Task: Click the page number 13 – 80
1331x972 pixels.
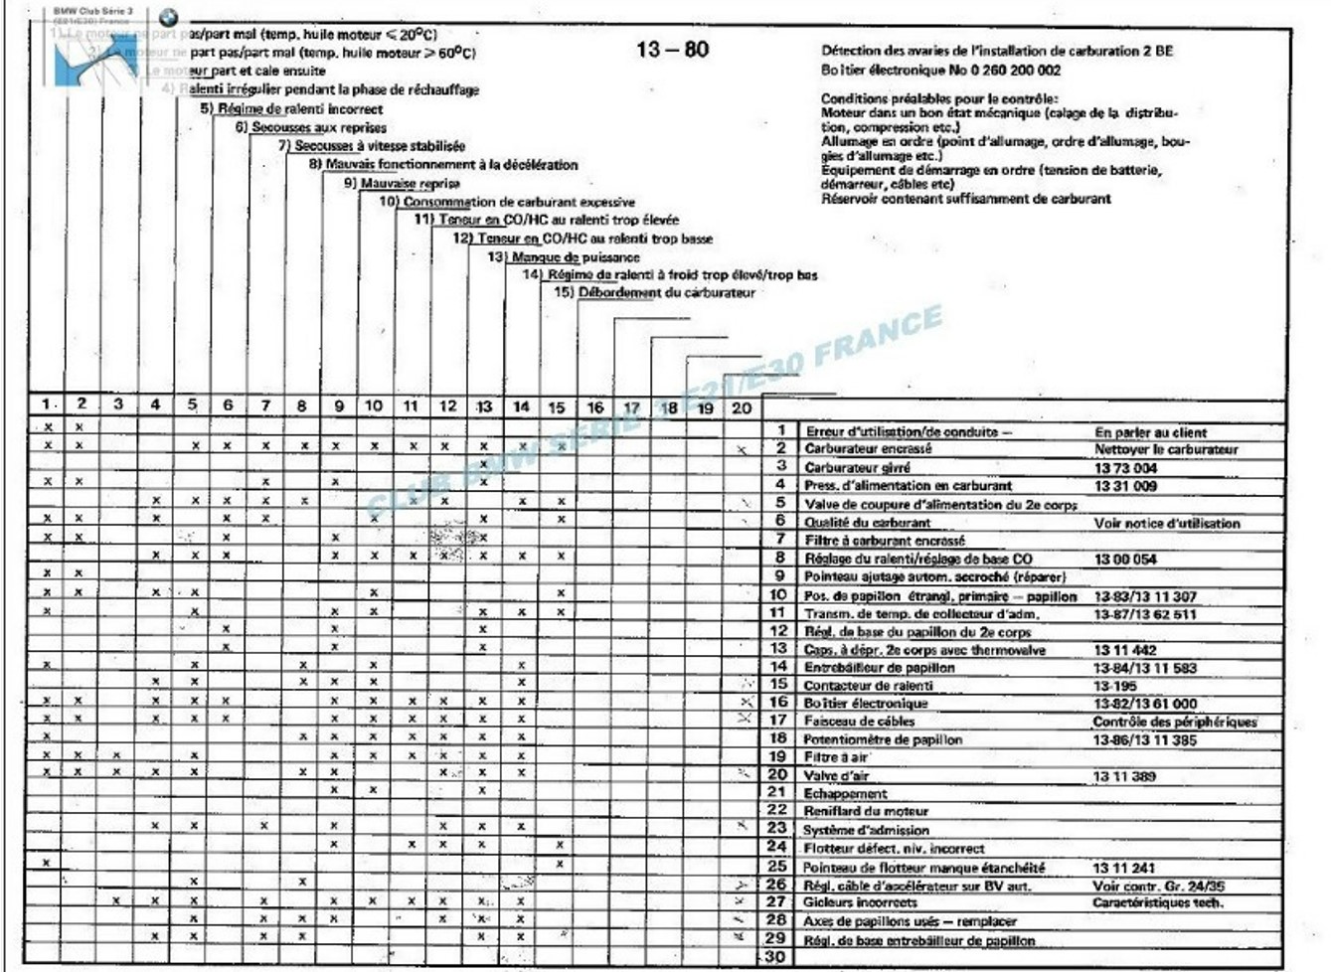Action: (x=672, y=49)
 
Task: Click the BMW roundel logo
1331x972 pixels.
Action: (x=168, y=17)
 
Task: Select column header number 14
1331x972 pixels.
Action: (x=521, y=406)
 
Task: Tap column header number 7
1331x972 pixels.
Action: (x=265, y=405)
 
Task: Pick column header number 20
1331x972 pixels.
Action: (x=742, y=407)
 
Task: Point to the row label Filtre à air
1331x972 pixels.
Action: (x=836, y=757)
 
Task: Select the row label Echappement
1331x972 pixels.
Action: (x=845, y=793)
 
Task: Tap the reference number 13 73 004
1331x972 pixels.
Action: (x=1125, y=467)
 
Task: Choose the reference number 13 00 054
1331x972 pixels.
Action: (x=1125, y=559)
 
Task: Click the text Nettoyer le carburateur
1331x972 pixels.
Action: (x=1166, y=449)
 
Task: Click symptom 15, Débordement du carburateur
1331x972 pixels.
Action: (x=656, y=293)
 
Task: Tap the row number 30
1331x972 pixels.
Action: (x=775, y=956)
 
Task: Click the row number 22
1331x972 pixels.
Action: (x=776, y=810)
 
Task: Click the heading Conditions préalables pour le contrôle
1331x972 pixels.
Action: (x=938, y=98)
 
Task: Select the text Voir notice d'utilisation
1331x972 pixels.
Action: (x=1166, y=523)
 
